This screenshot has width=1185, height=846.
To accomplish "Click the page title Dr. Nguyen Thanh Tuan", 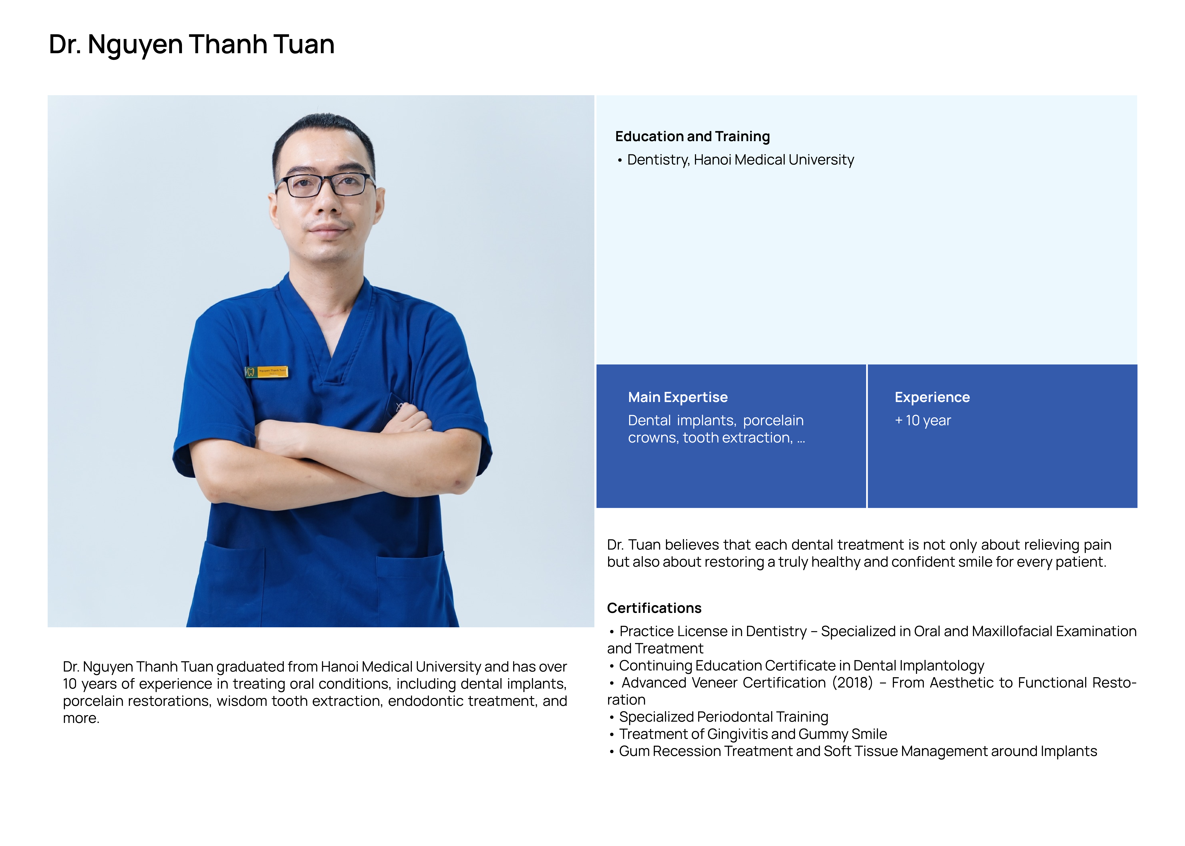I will (x=191, y=44).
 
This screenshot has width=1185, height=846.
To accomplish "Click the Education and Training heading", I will (x=692, y=137).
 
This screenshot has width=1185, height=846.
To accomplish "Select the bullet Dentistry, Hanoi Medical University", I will (x=740, y=160).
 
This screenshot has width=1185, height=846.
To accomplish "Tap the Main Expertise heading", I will (x=677, y=398).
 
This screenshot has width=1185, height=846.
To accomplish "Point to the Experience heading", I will (x=932, y=398).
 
